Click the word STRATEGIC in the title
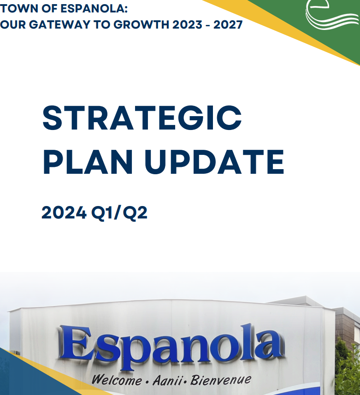click(x=142, y=118)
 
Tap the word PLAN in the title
click(x=88, y=162)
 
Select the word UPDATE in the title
click(x=215, y=162)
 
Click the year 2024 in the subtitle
click(x=64, y=212)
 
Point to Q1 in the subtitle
click(x=101, y=213)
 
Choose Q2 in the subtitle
click(x=135, y=213)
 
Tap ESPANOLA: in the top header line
click(x=94, y=9)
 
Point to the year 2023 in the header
click(x=187, y=25)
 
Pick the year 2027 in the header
click(x=228, y=25)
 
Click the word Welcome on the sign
click(x=117, y=380)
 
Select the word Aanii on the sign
click(x=167, y=380)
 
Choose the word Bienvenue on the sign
click(x=221, y=380)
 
